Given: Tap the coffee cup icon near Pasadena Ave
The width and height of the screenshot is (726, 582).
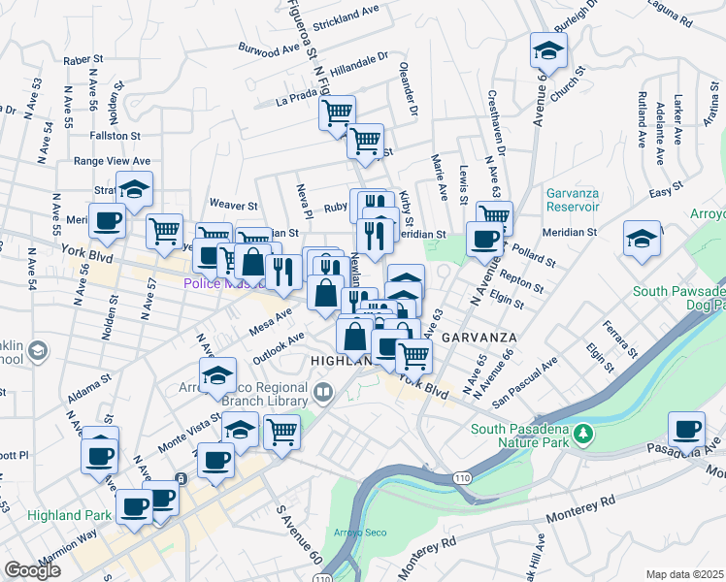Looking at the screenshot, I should [x=688, y=428].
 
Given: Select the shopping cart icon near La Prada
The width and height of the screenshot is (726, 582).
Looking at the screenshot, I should [x=337, y=113].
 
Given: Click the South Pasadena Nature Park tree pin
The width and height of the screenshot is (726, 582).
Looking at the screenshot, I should [x=582, y=432].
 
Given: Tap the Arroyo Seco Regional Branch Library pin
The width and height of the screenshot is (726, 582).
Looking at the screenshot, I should [x=323, y=392].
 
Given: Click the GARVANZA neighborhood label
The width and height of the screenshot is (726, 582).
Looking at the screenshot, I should [x=477, y=338].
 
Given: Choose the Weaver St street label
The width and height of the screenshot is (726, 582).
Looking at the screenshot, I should [x=234, y=206].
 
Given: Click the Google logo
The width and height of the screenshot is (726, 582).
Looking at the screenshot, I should [x=32, y=570].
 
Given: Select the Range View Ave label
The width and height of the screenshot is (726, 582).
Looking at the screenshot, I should [x=112, y=161].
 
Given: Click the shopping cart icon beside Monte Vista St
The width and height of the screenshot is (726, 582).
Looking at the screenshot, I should [x=281, y=431].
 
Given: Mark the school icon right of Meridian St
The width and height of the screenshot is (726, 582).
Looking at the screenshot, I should [x=642, y=237].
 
